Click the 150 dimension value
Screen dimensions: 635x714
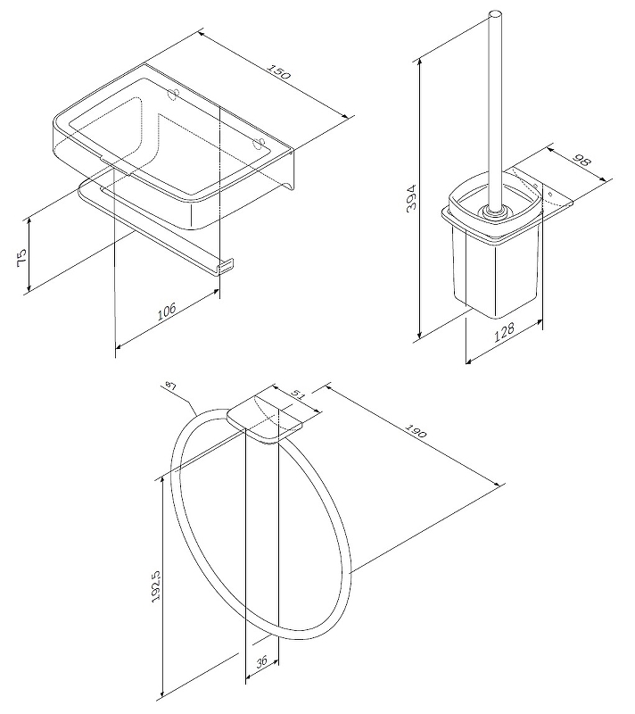coord(278,72)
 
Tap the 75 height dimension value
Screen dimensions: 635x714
coord(22,258)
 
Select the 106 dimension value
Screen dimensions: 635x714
coord(167,311)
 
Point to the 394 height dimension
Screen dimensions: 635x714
coord(411,197)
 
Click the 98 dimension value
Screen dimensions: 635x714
coord(581,161)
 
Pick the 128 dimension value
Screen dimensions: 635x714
coord(504,332)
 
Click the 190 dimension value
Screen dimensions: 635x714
coord(416,431)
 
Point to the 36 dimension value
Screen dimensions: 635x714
coord(261,662)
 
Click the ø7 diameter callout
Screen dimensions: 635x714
coord(170,386)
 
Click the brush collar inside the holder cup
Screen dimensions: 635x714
coord(494,212)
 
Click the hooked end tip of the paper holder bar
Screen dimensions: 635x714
coord(226,265)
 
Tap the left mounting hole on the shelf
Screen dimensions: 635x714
coord(173,95)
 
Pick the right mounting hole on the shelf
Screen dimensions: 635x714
coord(260,144)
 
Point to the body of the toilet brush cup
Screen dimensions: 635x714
coord(494,273)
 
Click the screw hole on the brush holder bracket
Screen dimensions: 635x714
coord(550,194)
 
